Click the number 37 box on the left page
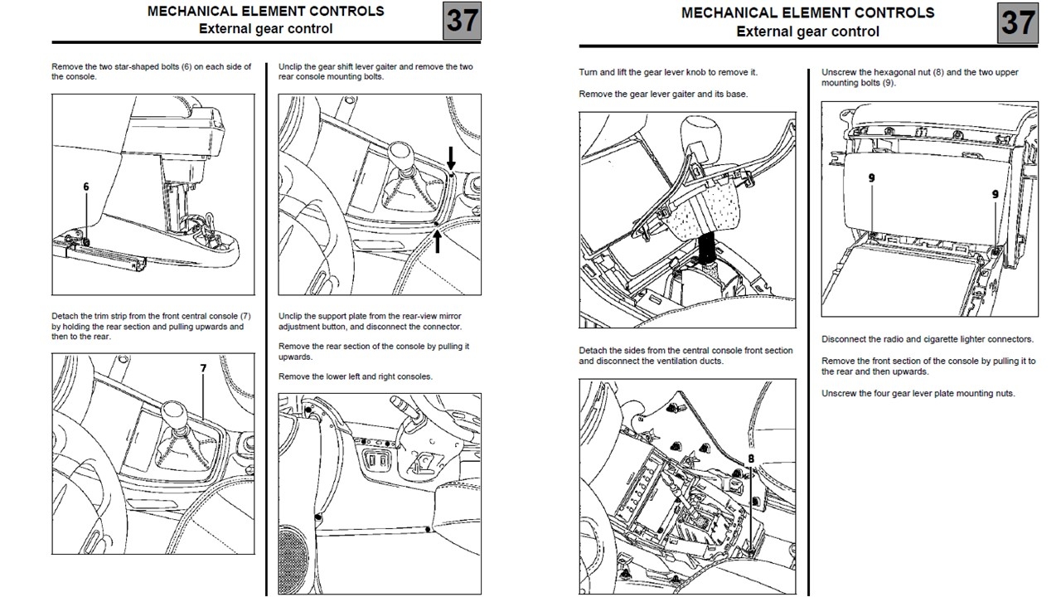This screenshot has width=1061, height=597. click(x=463, y=21)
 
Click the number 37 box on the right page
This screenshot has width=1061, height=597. click(x=1017, y=22)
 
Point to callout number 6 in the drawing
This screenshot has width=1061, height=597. click(x=86, y=187)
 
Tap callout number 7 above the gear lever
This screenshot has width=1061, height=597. click(x=202, y=367)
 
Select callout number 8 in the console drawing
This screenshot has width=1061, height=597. click(x=751, y=458)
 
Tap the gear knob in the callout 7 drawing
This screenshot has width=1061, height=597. click(x=174, y=412)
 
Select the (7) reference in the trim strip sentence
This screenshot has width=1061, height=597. click(x=245, y=316)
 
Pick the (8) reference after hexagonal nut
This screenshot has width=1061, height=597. click(x=937, y=72)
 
